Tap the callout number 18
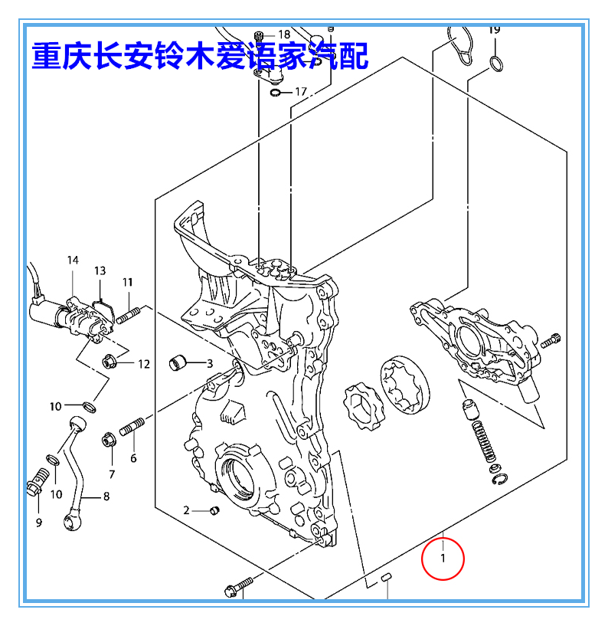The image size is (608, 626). tap(284, 34)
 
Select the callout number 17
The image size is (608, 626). tap(300, 92)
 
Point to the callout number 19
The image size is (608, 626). tap(494, 30)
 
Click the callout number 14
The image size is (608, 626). tap(73, 261)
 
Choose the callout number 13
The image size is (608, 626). tap(100, 271)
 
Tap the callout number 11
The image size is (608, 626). tap(127, 283)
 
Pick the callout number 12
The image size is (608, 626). tap(144, 363)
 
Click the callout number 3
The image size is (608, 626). tap(209, 362)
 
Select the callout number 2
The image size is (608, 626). tap(185, 510)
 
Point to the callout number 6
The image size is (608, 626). tap(133, 458)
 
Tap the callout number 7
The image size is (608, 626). tap(111, 474)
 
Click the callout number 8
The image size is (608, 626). tap(106, 496)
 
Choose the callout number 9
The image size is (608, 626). tap(39, 523)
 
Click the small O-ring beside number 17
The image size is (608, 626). tap(275, 93)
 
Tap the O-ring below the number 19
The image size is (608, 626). tap(496, 63)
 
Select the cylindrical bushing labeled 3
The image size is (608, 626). tap(178, 361)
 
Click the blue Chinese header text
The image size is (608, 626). tap(199, 55)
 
